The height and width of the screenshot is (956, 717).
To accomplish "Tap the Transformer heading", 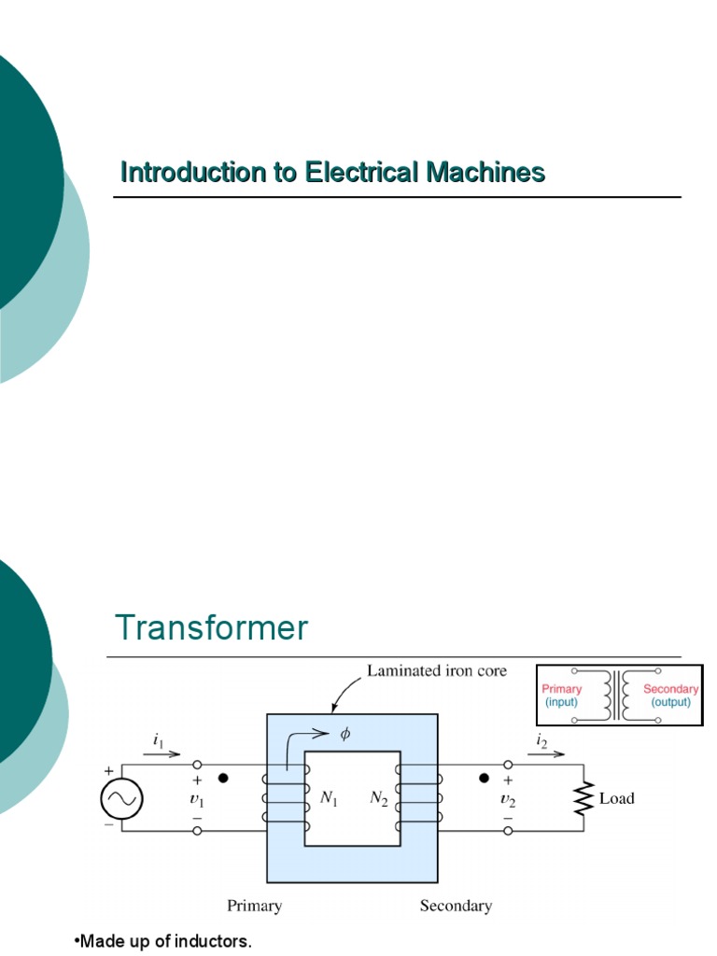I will point(211,627).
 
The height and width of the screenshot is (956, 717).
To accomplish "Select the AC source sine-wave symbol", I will point(121,799).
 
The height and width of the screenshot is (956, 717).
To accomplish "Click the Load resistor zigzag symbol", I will point(585,798).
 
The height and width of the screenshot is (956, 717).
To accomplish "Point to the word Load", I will point(616,798).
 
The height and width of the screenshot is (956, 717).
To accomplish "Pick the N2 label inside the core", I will point(379,799).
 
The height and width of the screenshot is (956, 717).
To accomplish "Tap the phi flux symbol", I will point(344,734).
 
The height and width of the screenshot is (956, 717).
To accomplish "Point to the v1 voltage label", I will point(196,799).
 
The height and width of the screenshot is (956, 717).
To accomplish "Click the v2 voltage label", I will point(508,799).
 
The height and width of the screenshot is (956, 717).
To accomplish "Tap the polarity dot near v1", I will point(222,777).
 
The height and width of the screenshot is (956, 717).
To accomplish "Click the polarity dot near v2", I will point(484,777).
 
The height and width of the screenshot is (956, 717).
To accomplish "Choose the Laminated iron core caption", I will point(436,670).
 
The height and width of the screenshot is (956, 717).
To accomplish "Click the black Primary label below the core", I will point(254,905).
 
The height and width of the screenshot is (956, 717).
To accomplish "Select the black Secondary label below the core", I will point(456,905).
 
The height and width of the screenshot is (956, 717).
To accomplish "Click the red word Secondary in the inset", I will point(670,689).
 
